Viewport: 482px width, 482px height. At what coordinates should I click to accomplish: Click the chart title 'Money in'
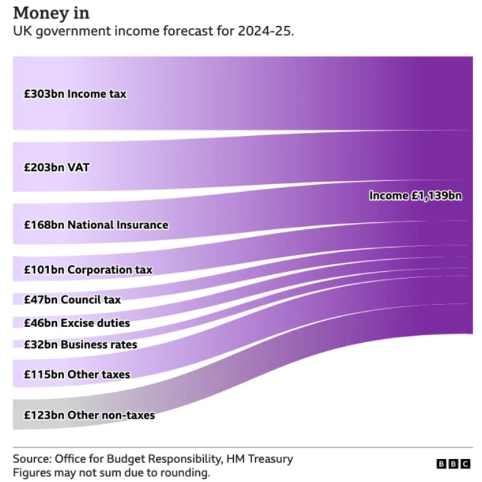coord(51,13)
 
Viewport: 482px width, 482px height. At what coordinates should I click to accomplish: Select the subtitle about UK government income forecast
coord(153,32)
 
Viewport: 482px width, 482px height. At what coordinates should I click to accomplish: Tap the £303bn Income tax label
coord(75,94)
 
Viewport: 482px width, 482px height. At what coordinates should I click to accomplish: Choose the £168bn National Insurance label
coord(96,225)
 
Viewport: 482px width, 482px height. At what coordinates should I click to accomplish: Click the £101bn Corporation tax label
coord(88,270)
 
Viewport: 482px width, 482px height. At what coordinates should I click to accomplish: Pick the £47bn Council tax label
coord(72,299)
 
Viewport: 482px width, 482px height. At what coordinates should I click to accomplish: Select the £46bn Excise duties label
coord(76,323)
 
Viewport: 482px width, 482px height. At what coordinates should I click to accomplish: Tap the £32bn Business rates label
coord(80,344)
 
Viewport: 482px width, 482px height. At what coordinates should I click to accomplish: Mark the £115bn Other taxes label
coord(76,374)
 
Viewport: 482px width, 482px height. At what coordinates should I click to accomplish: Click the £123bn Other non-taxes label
coord(89,415)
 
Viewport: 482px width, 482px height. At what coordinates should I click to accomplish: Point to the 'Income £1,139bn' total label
coord(415,196)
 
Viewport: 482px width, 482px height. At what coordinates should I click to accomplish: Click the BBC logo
coord(453,464)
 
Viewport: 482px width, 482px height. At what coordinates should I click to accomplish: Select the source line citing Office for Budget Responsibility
coord(153,459)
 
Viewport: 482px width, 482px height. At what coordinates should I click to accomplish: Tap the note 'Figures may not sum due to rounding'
coord(111,472)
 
